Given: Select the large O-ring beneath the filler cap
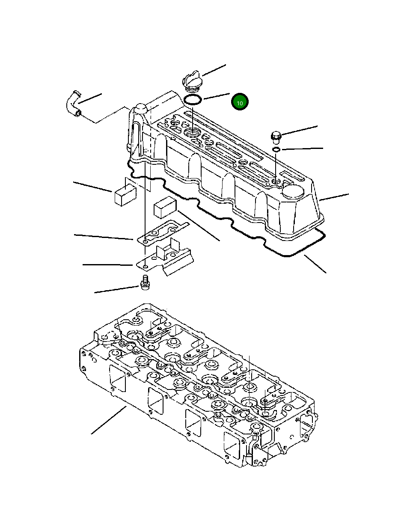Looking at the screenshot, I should click(193, 101).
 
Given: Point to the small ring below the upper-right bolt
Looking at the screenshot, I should click(276, 149).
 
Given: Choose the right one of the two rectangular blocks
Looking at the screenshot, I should click(165, 208).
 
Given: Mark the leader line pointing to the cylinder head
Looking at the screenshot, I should click(108, 420).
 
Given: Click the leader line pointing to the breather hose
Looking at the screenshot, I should click(90, 98).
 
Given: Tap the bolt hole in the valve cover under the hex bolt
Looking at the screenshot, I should click(276, 182).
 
